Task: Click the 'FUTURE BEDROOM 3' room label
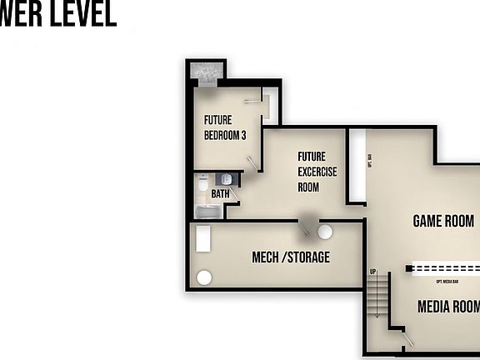pyautogui.click(x=225, y=127)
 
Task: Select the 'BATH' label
pyautogui.click(x=220, y=194)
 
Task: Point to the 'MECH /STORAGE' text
pyautogui.click(x=291, y=257)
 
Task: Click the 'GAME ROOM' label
pyautogui.click(x=443, y=221)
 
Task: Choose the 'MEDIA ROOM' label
pyautogui.click(x=448, y=307)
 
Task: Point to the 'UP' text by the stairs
pyautogui.click(x=373, y=272)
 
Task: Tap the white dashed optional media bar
pyautogui.click(x=447, y=268)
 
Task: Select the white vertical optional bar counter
pyautogui.click(x=356, y=166)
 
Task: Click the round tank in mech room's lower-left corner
pyautogui.click(x=203, y=277)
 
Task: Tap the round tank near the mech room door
pyautogui.click(x=325, y=232)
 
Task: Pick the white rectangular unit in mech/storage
pyautogui.click(x=203, y=239)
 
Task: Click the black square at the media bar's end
pyautogui.click(x=409, y=268)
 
